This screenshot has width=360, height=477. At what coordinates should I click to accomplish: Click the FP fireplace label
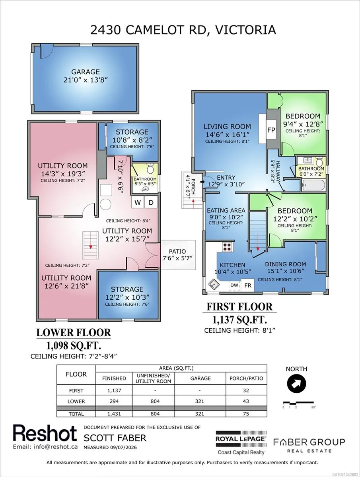click(x=271, y=130)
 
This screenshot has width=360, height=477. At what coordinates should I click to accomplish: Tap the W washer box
click(x=137, y=203)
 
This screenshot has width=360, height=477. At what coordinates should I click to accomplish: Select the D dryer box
click(x=151, y=203)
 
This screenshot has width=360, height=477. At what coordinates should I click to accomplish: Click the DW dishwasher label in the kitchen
click(x=234, y=285)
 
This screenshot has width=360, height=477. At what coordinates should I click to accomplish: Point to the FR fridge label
click(x=248, y=285)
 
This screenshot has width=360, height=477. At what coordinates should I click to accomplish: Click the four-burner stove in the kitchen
click(x=228, y=247)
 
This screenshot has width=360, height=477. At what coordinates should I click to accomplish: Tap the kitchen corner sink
click(x=214, y=284)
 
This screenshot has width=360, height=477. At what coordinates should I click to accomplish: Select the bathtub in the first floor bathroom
click(x=313, y=185)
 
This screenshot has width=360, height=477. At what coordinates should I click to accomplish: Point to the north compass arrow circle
click(x=296, y=384)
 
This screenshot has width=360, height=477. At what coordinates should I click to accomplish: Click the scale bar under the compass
click(x=298, y=402)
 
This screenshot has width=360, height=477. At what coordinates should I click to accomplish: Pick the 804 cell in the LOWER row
click(x=155, y=401)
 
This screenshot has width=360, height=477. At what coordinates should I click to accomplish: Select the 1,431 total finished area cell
click(x=114, y=414)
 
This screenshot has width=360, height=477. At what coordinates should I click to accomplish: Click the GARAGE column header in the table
click(x=200, y=378)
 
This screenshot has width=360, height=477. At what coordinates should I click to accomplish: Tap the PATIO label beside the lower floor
click(x=177, y=252)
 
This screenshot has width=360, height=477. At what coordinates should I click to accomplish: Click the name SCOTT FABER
click(x=115, y=438)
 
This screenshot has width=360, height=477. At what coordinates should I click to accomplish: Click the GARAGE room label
click(x=86, y=72)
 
